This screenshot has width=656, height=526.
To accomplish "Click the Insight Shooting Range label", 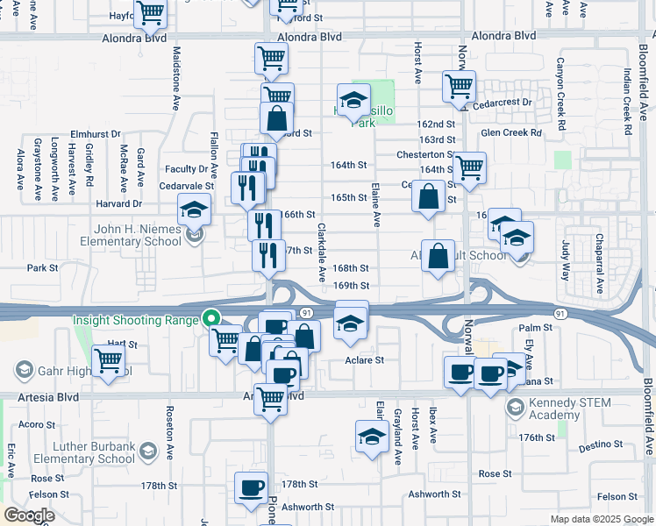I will [136, 321].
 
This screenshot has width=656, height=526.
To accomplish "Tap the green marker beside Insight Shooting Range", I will [210, 319].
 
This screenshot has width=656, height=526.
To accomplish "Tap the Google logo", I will [29, 516].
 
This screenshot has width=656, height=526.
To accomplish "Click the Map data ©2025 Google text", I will [602, 519].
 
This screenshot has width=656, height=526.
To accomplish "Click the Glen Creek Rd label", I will [511, 133].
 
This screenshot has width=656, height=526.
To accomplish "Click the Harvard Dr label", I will [120, 203].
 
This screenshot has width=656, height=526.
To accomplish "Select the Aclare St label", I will [365, 359].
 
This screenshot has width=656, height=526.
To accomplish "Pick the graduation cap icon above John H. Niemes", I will [193, 210].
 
